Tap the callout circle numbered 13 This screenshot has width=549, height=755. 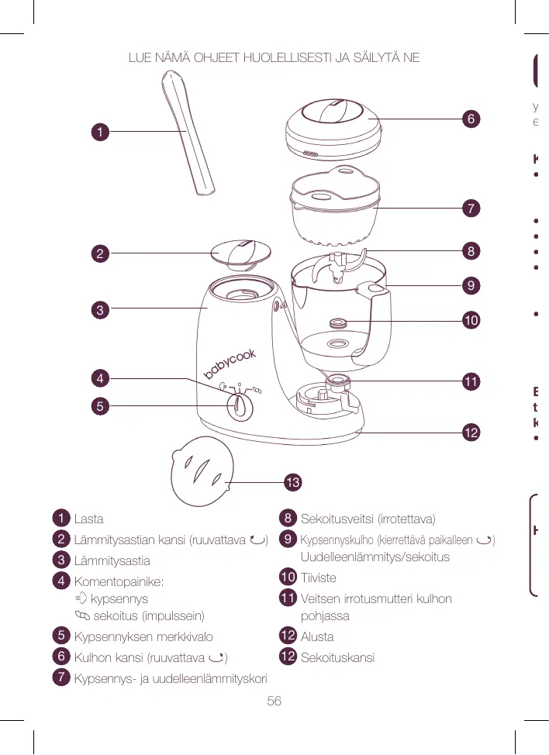[292, 483]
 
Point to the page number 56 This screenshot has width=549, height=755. [274, 701]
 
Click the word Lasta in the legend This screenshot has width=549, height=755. [88, 519]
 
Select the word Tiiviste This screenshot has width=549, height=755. [318, 577]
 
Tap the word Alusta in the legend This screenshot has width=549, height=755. [317, 636]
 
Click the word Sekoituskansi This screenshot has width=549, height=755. [337, 657]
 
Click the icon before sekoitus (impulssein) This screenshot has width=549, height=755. [82, 615]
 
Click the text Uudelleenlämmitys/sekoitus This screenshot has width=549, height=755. [375, 557]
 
